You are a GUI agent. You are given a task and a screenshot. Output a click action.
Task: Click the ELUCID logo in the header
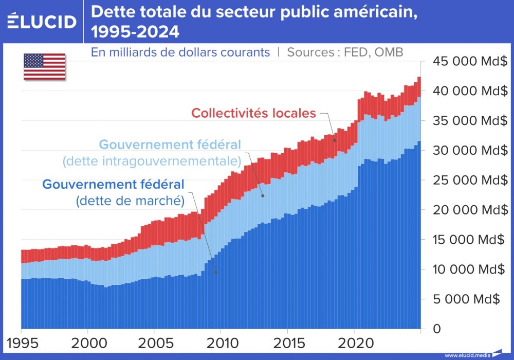tap(42, 22)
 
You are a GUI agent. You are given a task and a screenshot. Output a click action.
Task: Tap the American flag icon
tap(44, 67)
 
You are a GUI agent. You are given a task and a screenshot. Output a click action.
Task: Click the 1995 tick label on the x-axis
tap(21, 343)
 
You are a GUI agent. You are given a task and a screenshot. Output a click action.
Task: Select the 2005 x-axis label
tap(154, 343)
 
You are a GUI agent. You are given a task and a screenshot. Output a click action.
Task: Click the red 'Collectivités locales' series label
tap(253, 113)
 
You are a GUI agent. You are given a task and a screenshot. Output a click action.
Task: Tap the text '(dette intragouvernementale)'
tap(152, 161)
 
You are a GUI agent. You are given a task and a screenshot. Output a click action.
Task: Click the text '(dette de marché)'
tap(130, 201)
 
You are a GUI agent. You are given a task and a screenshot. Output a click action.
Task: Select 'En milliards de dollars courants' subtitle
tap(180, 52)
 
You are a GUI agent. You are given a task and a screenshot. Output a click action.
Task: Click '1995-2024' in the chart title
tap(135, 32)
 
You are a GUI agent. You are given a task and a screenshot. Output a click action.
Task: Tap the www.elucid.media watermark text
tap(467, 355)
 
